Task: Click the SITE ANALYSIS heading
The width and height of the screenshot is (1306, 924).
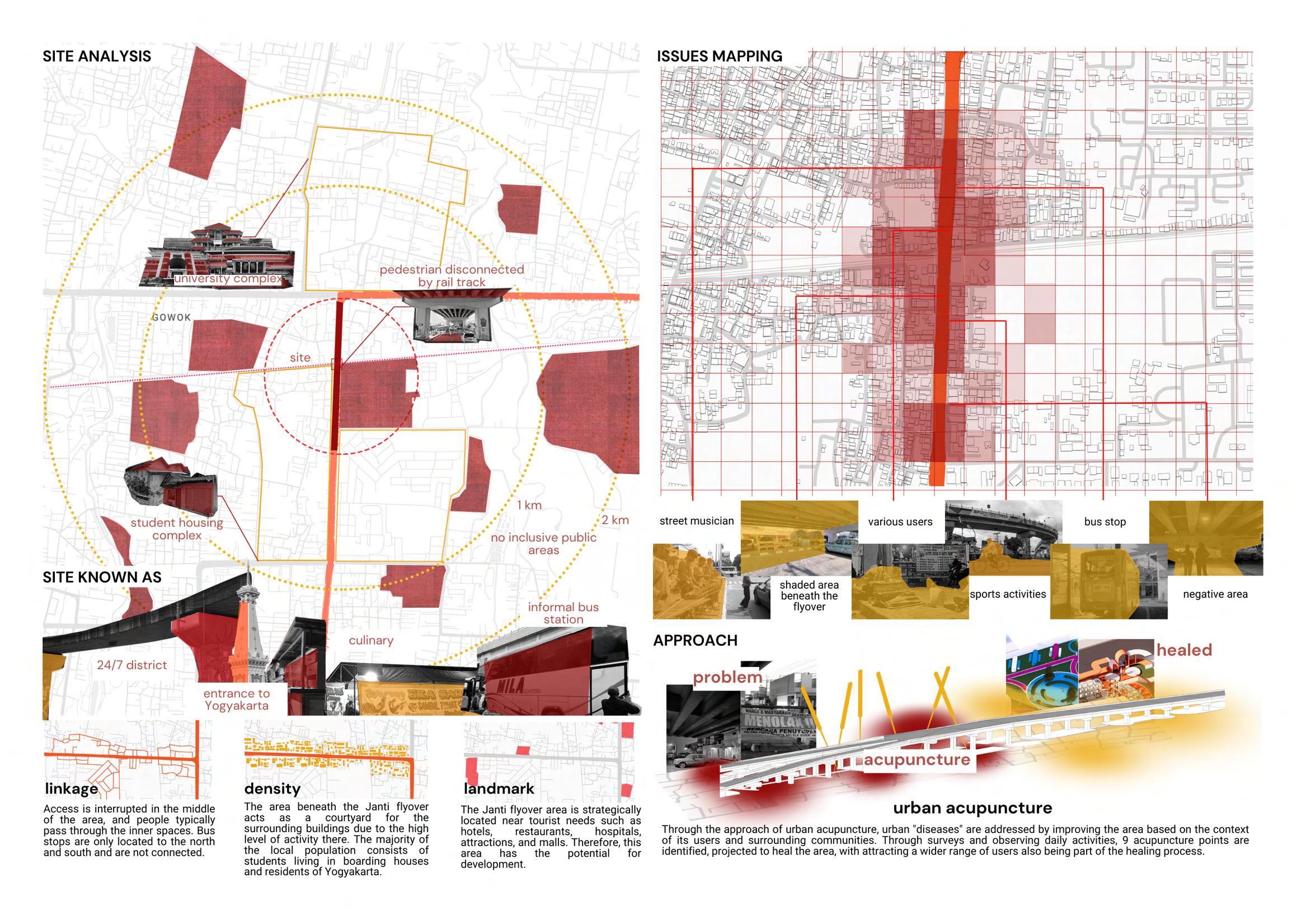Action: pyautogui.click(x=97, y=57)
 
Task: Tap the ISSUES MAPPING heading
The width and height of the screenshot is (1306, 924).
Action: pyautogui.click(x=720, y=57)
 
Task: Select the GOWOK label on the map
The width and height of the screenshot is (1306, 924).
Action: pyautogui.click(x=171, y=317)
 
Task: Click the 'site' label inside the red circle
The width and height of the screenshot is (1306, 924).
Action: pyautogui.click(x=300, y=357)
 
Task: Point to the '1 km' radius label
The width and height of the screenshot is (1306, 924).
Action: pyautogui.click(x=529, y=505)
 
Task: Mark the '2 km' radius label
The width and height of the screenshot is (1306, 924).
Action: pyautogui.click(x=615, y=520)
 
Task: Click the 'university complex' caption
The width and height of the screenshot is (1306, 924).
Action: pyautogui.click(x=228, y=279)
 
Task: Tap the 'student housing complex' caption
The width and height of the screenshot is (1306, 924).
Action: pyautogui.click(x=177, y=529)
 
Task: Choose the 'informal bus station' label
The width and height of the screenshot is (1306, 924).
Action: pyautogui.click(x=563, y=613)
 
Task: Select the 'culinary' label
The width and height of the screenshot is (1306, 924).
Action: pyautogui.click(x=371, y=640)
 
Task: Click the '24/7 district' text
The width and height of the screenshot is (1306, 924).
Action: pyautogui.click(x=131, y=665)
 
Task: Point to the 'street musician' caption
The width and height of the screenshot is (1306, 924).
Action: pyautogui.click(x=697, y=521)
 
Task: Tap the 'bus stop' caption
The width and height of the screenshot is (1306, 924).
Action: pyautogui.click(x=1105, y=521)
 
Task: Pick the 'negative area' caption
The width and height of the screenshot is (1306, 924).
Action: pyautogui.click(x=1215, y=594)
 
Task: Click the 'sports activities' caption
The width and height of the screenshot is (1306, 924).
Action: pyautogui.click(x=1007, y=594)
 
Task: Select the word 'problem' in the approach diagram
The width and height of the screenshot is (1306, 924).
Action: pyautogui.click(x=727, y=678)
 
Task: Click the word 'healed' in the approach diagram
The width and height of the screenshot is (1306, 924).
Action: pyautogui.click(x=1184, y=650)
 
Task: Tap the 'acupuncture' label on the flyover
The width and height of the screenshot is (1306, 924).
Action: pyautogui.click(x=917, y=760)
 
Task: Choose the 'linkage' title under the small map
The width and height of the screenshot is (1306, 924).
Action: pyautogui.click(x=72, y=789)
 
